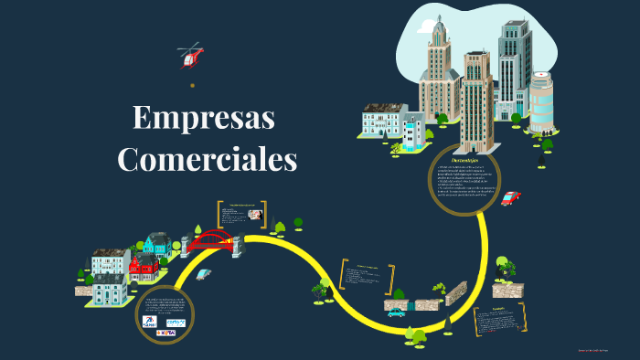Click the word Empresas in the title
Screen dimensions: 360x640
point(204,119)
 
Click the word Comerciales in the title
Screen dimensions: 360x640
point(208,159)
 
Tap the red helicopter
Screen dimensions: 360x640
point(191,57)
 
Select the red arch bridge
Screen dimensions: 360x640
point(213,241)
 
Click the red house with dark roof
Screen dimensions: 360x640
point(143,267)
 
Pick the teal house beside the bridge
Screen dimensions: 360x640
point(157,244)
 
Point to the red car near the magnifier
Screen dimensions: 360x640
point(509,198)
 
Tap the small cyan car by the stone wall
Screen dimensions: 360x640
point(396,312)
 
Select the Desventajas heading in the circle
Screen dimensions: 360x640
point(467,159)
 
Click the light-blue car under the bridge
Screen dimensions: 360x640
point(203,274)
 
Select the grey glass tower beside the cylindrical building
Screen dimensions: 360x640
point(513,69)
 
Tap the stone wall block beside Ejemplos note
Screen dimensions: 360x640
point(507,291)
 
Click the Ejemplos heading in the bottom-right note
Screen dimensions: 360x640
point(498,309)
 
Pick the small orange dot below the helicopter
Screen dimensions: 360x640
point(192,85)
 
